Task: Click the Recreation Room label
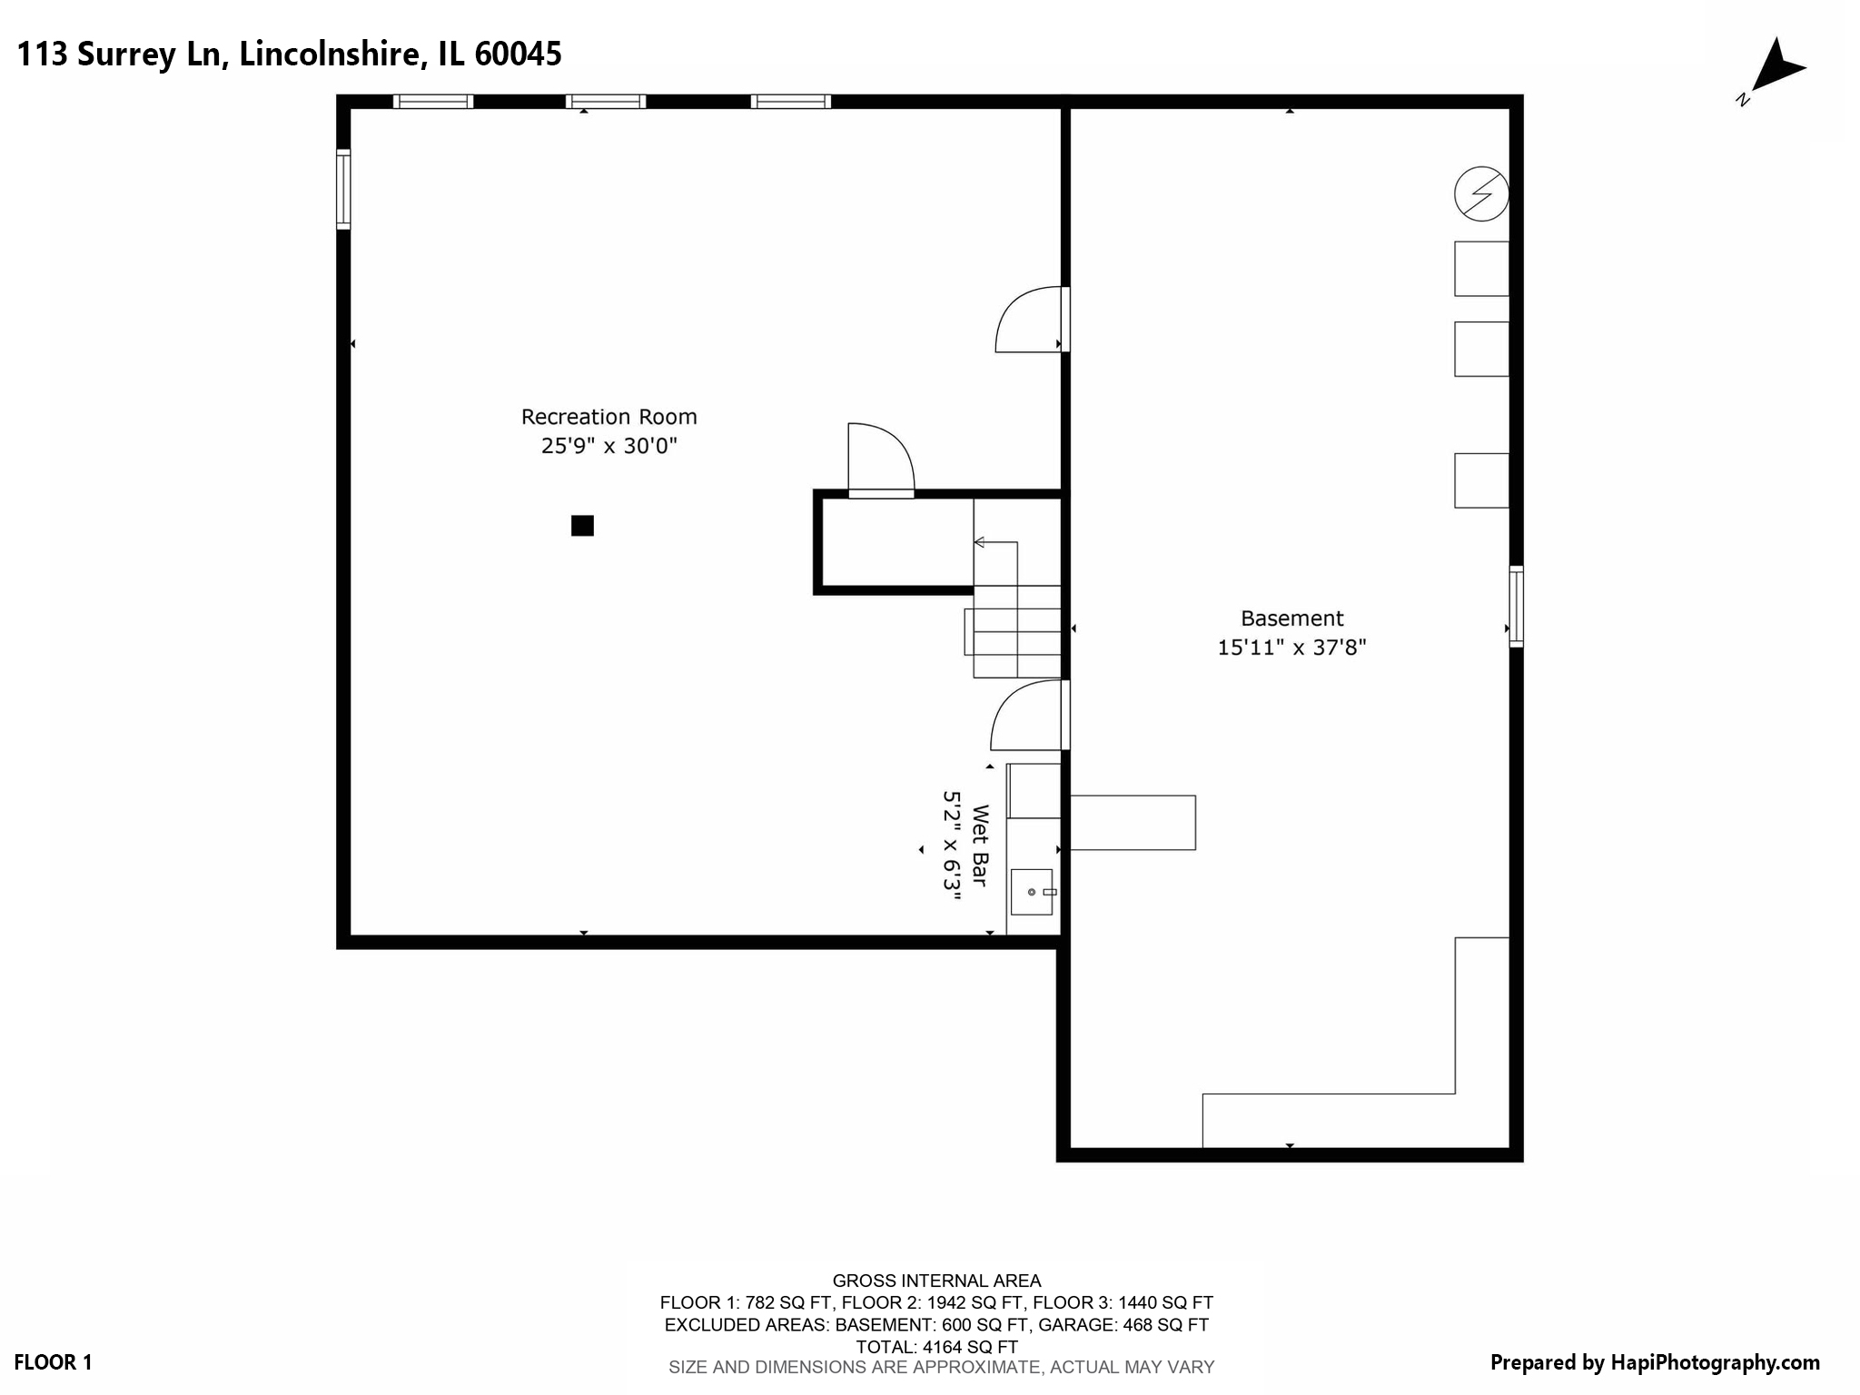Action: (608, 417)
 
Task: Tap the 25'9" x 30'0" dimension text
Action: (608, 446)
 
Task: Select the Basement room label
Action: (1291, 618)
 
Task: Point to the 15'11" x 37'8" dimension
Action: (1291, 648)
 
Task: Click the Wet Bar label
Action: (980, 845)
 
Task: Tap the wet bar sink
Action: (1032, 892)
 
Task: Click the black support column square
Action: (582, 526)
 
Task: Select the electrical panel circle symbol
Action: (1481, 193)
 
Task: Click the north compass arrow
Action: (1776, 68)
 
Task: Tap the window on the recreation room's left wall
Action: (343, 189)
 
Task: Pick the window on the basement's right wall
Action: (1516, 606)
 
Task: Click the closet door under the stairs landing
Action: (881, 460)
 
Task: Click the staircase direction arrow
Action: (980, 542)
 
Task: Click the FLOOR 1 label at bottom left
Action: (53, 1362)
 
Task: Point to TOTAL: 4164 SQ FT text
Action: (936, 1347)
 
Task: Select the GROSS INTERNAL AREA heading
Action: (936, 1281)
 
